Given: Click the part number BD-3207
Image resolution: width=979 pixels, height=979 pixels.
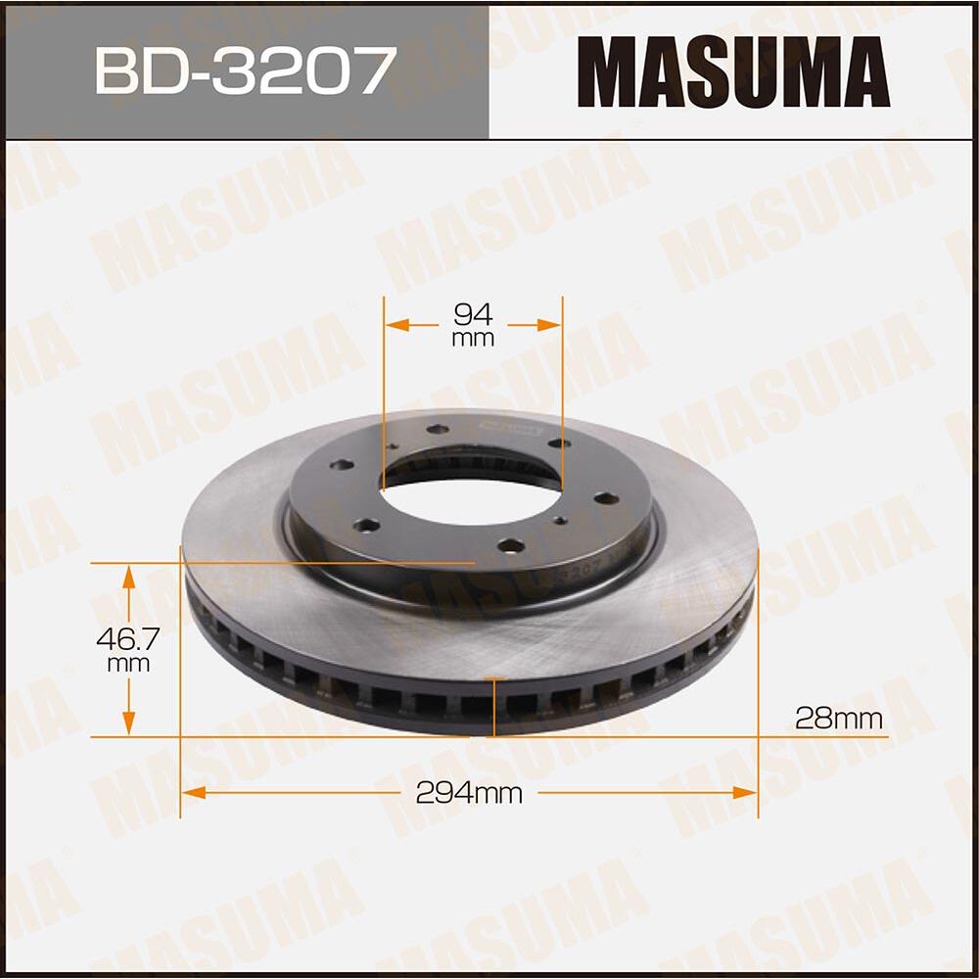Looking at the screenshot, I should (x=245, y=70).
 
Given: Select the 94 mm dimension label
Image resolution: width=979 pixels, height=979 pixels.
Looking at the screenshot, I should (x=473, y=324).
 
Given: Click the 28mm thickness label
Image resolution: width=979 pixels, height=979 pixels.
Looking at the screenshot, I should (x=838, y=719).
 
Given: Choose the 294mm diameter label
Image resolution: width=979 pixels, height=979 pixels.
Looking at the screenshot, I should (x=469, y=794).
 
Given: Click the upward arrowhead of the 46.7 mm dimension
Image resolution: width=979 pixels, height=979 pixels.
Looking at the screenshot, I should (x=128, y=578).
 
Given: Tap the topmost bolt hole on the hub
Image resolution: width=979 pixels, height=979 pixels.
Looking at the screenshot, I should (x=438, y=429).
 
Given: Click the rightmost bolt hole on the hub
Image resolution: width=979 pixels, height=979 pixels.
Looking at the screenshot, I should (x=606, y=498).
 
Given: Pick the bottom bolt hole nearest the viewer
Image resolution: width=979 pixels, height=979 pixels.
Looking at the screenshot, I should (x=510, y=545).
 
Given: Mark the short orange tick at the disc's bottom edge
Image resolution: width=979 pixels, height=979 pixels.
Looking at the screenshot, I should (x=494, y=678).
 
